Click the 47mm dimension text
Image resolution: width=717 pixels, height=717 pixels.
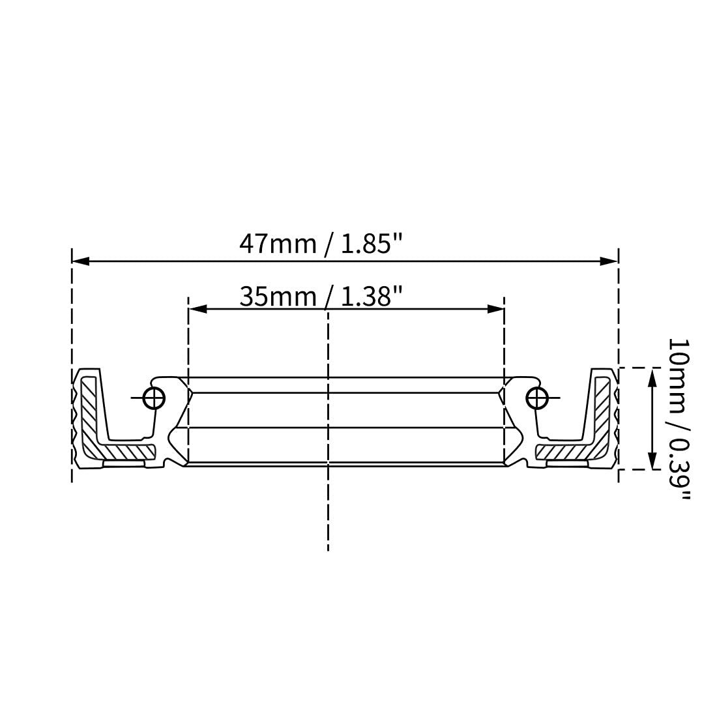pos(278,244)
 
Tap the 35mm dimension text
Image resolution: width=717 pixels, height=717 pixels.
pos(278,297)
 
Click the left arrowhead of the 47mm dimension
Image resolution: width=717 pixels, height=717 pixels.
pos(81,261)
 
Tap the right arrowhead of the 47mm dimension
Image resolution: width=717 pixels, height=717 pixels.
pos(609,261)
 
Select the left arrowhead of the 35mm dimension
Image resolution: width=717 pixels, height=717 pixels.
pos(198,309)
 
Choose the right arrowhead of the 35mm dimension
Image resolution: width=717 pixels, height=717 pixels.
pos(495,309)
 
